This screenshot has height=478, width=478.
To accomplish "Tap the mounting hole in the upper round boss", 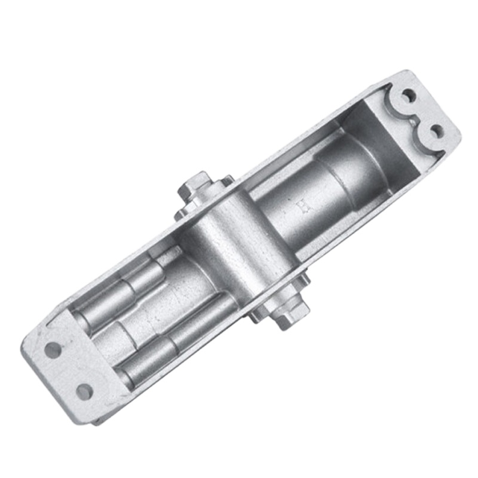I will click(x=409, y=96).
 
